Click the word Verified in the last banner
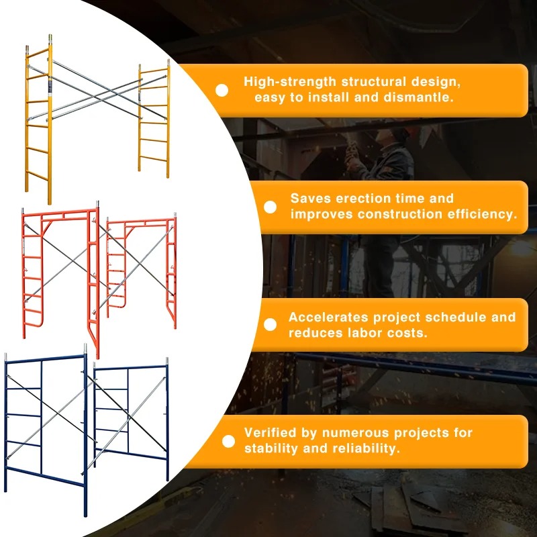[x=271, y=432]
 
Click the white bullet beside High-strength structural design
[x=222, y=91]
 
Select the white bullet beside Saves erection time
[x=271, y=207]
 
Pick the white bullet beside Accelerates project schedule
[x=271, y=325]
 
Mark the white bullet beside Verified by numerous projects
[x=228, y=442]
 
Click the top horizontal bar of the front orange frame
[x=60, y=212]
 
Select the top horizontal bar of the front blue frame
[x=45, y=358]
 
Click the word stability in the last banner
[x=271, y=448]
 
